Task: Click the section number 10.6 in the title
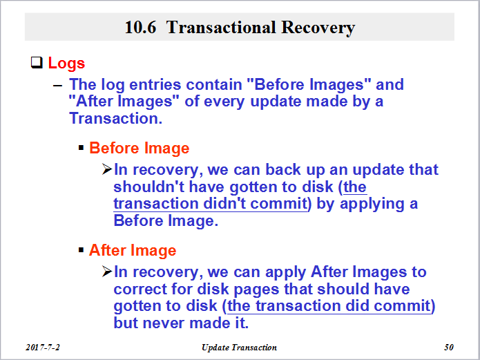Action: [x=140, y=27]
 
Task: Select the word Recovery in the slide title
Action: [x=318, y=28]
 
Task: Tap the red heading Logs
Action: [x=66, y=64]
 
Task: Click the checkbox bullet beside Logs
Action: [x=37, y=62]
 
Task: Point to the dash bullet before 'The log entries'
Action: [x=57, y=86]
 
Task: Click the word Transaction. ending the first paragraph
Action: [x=116, y=118]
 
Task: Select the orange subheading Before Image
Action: [x=140, y=149]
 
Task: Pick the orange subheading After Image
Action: [x=133, y=250]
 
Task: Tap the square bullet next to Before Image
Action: [x=81, y=149]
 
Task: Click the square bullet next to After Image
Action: [x=81, y=250]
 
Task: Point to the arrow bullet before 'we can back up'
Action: [x=107, y=169]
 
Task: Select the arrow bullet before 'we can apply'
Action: [x=107, y=272]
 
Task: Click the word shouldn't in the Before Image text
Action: [x=149, y=187]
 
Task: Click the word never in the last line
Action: [x=164, y=323]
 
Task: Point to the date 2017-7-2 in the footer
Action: [x=43, y=348]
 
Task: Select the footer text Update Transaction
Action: [x=239, y=348]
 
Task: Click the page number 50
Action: [x=449, y=348]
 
